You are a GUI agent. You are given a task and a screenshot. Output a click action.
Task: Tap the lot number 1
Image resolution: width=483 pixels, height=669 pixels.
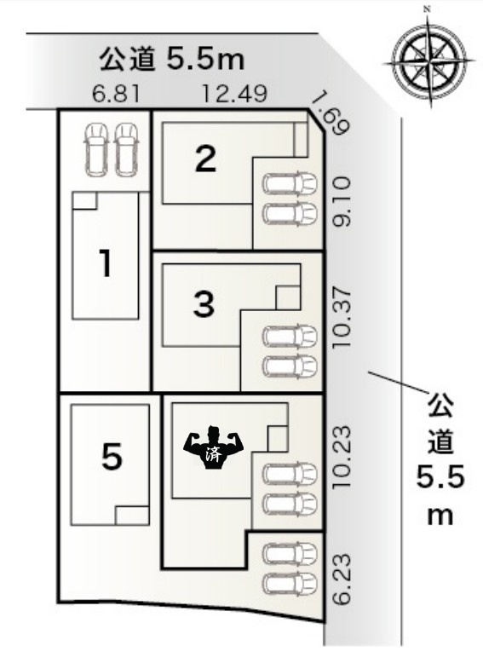pos(106,263)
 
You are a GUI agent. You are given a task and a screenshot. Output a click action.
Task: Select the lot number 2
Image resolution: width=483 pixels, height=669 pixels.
pos(206,159)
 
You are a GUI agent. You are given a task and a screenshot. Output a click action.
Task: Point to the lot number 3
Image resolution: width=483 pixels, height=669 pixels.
pos(204,303)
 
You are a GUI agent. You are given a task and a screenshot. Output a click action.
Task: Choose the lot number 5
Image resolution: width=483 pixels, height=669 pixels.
pos(112,456)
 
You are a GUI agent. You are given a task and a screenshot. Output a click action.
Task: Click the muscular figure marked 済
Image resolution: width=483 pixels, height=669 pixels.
pos(213,448)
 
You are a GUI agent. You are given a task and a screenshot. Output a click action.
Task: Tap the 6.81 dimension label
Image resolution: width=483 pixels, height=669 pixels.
pos(117,95)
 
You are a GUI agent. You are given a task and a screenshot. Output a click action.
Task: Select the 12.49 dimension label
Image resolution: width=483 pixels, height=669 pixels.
pos(234,95)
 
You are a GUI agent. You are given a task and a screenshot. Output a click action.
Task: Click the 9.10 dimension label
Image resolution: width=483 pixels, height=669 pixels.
pos(342,201)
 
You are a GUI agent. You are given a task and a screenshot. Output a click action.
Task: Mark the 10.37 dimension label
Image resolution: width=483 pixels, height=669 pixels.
pos(342,318)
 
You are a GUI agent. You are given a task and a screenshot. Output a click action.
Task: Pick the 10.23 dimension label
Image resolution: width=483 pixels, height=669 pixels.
pos(342,457)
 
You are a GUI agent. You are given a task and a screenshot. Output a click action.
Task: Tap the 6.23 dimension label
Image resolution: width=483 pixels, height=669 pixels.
pos(342,579)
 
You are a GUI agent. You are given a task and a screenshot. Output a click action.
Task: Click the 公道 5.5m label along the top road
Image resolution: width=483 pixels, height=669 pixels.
pos(172,60)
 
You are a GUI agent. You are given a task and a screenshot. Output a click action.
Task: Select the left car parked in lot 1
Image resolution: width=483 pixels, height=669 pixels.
pos(96,149)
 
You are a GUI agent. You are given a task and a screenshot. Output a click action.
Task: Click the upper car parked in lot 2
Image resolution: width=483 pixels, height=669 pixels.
pos(290,183)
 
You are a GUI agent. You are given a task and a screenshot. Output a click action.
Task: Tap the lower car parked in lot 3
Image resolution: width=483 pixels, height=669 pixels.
pos(290,366)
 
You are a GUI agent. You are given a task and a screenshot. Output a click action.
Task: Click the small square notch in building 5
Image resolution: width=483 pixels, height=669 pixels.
pos(132,516)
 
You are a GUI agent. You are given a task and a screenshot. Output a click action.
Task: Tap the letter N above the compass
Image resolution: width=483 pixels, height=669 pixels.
pos(426,9)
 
